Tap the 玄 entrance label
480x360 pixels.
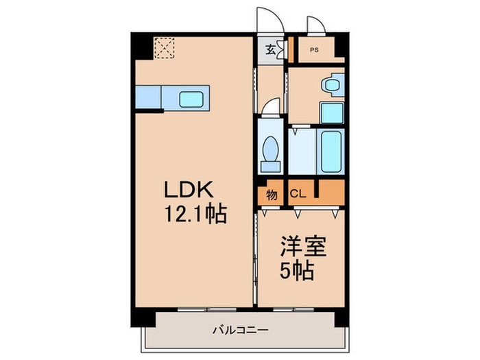pyautogui.click(x=271, y=50)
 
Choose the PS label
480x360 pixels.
pyautogui.click(x=314, y=50)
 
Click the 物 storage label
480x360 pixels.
pyautogui.click(x=272, y=194)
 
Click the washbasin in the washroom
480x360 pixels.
pyautogui.click(x=331, y=86)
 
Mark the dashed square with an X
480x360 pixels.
pyautogui.click(x=165, y=47)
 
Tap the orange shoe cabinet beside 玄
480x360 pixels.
pyautogui.click(x=290, y=50)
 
